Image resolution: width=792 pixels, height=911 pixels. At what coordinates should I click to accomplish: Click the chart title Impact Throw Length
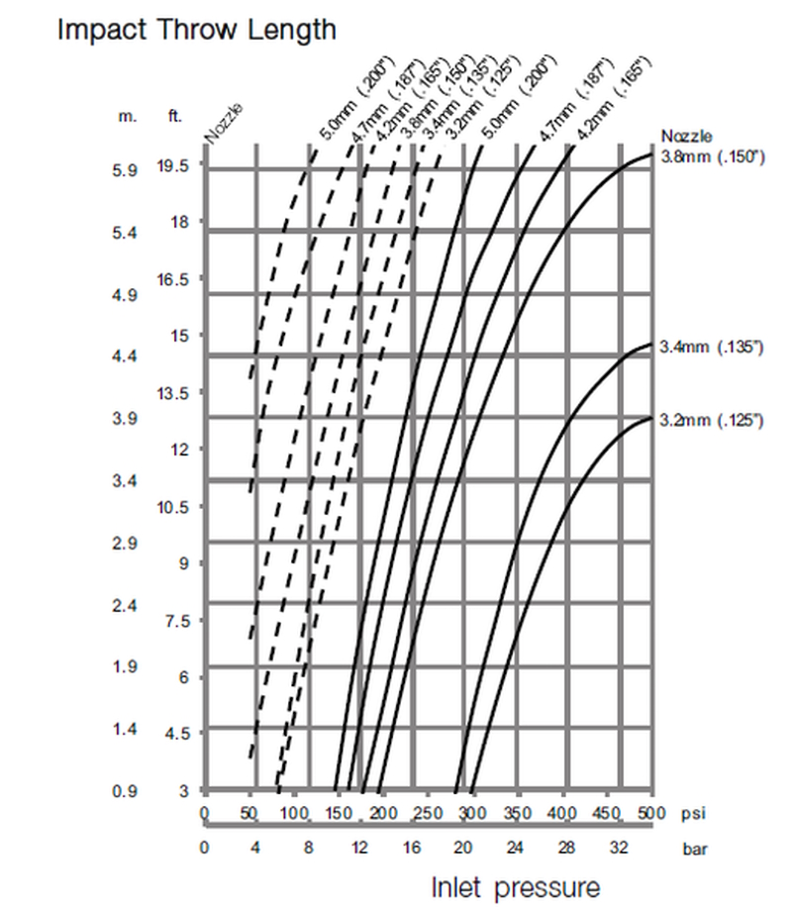click(196, 30)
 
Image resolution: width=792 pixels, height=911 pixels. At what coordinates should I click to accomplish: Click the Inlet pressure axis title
click(515, 886)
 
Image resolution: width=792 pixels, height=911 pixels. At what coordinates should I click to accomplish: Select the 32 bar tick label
click(619, 849)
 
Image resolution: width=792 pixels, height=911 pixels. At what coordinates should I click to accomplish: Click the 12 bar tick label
click(359, 849)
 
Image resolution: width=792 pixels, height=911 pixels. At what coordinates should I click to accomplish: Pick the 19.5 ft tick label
click(179, 165)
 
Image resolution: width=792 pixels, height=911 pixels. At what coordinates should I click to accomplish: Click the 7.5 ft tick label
click(179, 621)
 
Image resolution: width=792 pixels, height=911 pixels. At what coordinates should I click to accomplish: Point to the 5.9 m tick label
click(125, 170)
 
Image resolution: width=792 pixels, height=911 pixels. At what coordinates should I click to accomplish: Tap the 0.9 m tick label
click(125, 791)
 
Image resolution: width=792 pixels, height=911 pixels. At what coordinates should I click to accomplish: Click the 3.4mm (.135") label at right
click(714, 347)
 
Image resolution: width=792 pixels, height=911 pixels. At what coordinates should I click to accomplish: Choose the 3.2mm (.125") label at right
click(714, 421)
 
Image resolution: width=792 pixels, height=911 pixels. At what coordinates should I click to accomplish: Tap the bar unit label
click(695, 849)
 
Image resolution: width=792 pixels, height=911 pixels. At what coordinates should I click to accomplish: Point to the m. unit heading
click(127, 116)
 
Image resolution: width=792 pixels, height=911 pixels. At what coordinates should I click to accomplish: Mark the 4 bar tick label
click(254, 849)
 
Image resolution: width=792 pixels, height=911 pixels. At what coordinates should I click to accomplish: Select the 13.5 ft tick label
click(179, 393)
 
